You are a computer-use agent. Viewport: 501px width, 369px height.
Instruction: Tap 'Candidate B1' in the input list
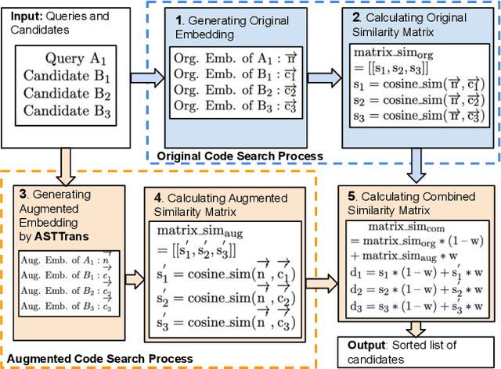tap(67, 77)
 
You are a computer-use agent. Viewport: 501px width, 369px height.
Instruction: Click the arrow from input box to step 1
tap(147, 76)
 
